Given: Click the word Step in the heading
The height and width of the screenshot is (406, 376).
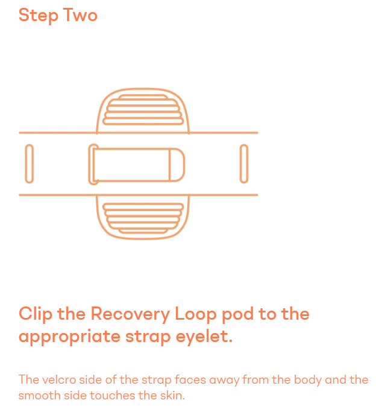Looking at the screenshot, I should point(37,15).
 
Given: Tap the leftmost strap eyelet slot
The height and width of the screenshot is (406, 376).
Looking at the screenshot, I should point(29,163).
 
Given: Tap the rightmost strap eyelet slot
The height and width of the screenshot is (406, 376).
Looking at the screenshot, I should point(244,163).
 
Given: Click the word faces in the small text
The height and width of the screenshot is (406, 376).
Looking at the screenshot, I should point(184,380).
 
